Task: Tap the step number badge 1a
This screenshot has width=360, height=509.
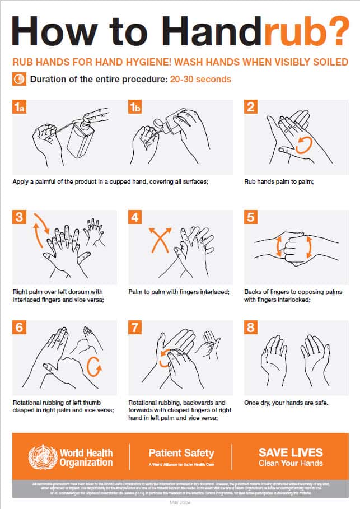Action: pos(20,108)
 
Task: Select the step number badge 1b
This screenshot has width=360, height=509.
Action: pos(135,108)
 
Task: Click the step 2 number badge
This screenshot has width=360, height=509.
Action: pos(251,108)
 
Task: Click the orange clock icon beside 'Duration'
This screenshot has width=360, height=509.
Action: pos(18,79)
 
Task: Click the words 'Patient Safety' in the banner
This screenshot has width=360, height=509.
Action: pos(181,452)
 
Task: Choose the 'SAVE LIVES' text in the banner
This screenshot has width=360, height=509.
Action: pos(291,452)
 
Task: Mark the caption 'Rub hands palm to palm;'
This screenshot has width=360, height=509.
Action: pos(276,181)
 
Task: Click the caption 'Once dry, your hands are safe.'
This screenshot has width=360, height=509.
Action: pos(286,403)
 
